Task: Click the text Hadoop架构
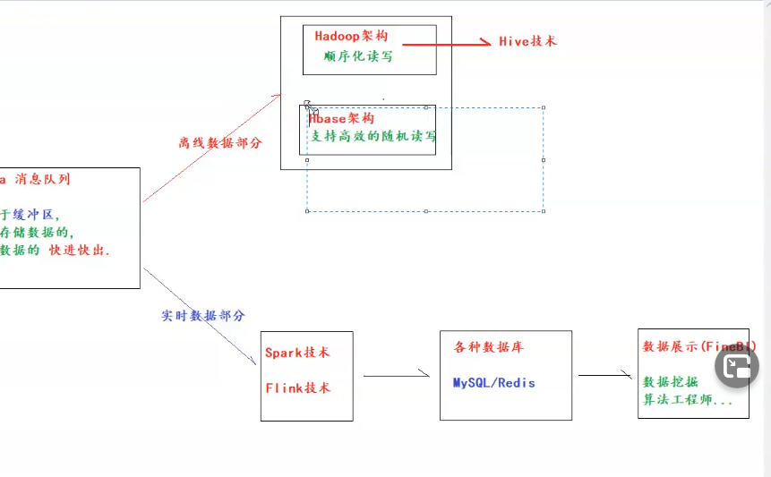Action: [x=352, y=37]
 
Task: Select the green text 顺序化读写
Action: [x=357, y=56]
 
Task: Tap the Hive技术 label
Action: [x=527, y=41]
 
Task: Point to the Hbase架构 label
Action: [x=342, y=118]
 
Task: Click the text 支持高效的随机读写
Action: [x=373, y=137]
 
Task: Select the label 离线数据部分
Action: [x=219, y=142]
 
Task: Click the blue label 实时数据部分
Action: [x=203, y=316]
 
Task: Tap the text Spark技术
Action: [x=297, y=353]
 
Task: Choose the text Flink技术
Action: [x=297, y=388]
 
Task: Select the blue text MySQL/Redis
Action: [x=493, y=382]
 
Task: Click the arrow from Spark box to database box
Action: [x=397, y=376]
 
